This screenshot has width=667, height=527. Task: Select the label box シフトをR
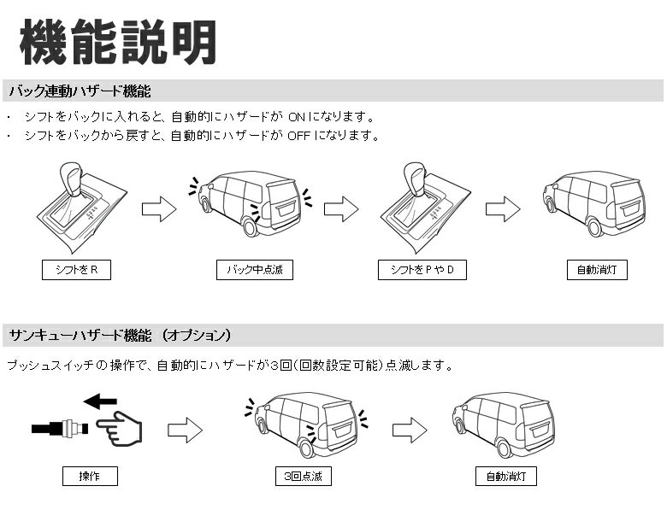point(76,271)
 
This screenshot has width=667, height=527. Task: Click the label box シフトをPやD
point(422,271)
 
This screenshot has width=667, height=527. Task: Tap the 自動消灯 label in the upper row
point(597,271)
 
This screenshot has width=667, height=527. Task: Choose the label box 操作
point(89,476)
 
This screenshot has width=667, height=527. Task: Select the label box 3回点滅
point(304,476)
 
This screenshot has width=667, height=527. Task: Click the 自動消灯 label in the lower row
point(506,476)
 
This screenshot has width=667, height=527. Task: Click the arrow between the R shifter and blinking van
point(158,209)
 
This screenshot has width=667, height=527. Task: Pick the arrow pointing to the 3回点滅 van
point(184,430)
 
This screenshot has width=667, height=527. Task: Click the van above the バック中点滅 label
point(249,203)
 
